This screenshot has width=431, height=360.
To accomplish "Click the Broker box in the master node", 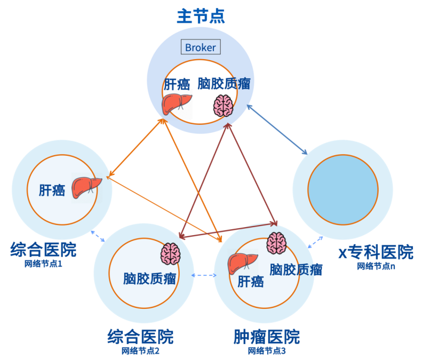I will (201, 47).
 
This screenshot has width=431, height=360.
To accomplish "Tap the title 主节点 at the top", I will (201, 16).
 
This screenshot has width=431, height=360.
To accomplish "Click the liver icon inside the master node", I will (177, 104).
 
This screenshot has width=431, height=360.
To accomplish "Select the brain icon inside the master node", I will (223, 106).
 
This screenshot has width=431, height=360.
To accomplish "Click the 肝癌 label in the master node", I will (177, 84).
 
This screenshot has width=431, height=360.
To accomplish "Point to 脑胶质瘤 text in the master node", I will (224, 84).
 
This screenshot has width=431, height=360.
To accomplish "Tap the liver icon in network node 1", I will (86, 186).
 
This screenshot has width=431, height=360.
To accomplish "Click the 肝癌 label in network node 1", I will (52, 190).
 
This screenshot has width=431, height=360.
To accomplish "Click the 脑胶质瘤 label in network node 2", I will (150, 278).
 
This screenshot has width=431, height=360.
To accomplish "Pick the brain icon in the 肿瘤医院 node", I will (277, 243).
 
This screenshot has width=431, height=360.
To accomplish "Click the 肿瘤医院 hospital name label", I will (267, 337).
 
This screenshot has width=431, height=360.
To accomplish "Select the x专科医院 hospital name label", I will (376, 252).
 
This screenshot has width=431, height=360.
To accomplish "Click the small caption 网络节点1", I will (43, 263).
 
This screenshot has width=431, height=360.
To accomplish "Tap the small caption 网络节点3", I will (267, 350).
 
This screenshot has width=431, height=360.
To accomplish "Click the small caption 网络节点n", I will (376, 266).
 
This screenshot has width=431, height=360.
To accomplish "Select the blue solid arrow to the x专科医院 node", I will (277, 130).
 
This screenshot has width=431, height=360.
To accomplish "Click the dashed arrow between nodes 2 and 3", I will (203, 275).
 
